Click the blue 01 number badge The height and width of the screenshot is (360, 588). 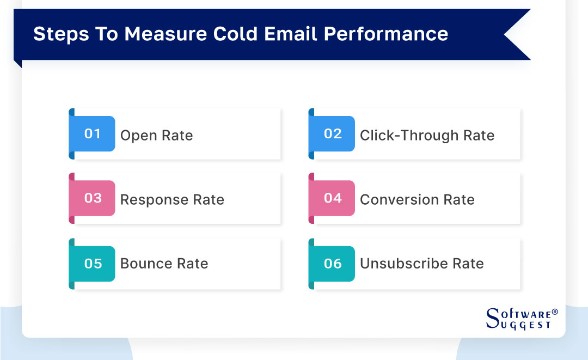point(93,134)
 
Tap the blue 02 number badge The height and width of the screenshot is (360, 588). point(332,134)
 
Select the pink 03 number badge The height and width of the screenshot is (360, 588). point(93,198)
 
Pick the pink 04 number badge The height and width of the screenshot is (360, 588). point(332,198)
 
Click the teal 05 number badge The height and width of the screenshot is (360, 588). point(93,264)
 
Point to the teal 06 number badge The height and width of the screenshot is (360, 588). point(332,264)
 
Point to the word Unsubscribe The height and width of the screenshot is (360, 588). point(396,264)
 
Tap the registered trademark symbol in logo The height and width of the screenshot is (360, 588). point(555,312)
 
